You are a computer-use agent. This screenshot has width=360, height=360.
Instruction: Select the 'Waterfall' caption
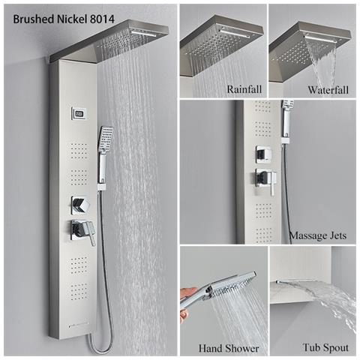click(x=327, y=89)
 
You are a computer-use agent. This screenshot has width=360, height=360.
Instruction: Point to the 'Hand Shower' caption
click(x=229, y=348)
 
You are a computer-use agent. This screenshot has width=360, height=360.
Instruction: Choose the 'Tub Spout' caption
click(x=320, y=348)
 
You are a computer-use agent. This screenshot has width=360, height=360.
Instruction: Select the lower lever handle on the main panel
click(x=84, y=233)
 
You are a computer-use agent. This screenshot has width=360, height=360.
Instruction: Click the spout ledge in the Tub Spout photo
click(x=296, y=283)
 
